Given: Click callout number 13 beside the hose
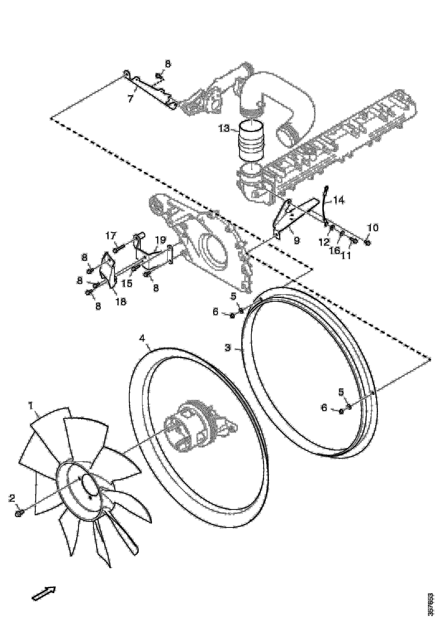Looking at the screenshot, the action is coord(224,129).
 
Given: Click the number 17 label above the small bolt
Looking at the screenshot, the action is coord(111,235).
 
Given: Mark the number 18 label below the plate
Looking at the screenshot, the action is coord(121,301).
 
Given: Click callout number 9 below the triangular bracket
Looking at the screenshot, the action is coord(297,240).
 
